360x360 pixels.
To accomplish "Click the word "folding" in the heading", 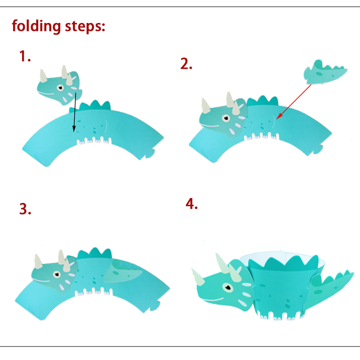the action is tap(36, 26).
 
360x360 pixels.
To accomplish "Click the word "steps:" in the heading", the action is tap(85, 27).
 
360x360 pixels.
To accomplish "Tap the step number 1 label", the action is tap(25, 56).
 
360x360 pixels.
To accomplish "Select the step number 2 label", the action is tap(186, 63).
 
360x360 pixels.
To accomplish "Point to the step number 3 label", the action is tap(25, 209).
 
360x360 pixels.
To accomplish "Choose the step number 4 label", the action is tap(192, 204).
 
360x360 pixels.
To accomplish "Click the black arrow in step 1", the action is tap(75, 112).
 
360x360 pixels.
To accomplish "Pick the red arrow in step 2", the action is tap(294, 102).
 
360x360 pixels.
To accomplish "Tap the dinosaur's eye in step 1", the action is tap(60, 87).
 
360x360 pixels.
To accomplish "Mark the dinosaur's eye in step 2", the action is tap(226, 118).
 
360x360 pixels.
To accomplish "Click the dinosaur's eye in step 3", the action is tap(57, 274).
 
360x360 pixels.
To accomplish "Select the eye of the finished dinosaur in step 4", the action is tap(228, 287).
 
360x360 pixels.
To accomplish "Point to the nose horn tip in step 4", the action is tap(192, 269).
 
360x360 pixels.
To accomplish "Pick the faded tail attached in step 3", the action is tap(122, 272).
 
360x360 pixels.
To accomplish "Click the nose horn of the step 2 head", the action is tap(206, 106).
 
